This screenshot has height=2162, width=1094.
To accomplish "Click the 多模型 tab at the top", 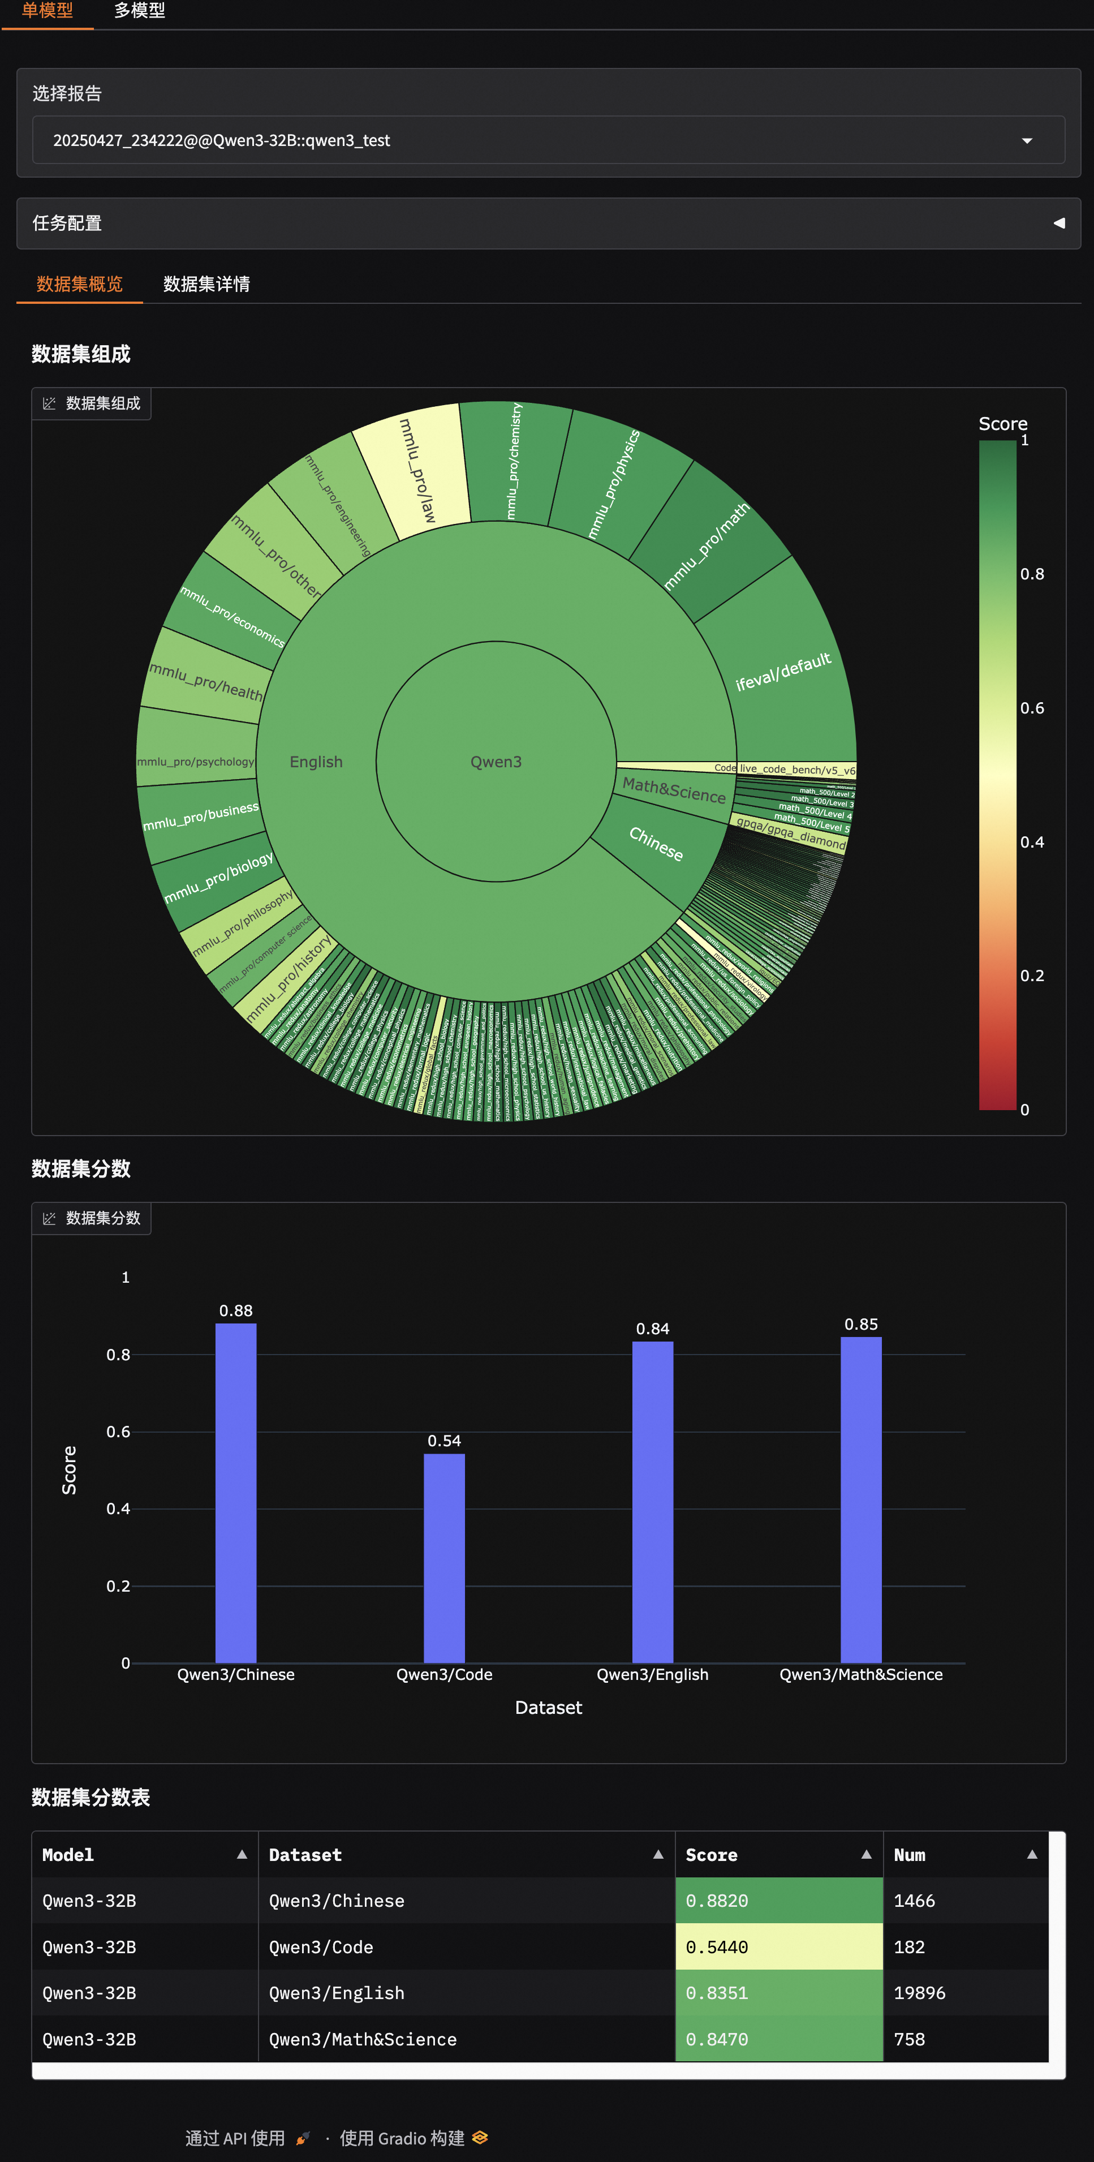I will pyautogui.click(x=139, y=11).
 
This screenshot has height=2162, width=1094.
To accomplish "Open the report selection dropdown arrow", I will pyautogui.click(x=1026, y=140).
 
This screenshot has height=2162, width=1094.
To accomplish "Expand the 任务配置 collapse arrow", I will pyautogui.click(x=1059, y=223).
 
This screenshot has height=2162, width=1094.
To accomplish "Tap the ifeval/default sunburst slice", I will pyautogui.click(x=783, y=672).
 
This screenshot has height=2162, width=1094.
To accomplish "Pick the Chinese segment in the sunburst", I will pyautogui.click(x=656, y=844).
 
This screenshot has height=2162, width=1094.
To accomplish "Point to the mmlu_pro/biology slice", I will pyautogui.click(x=218, y=877).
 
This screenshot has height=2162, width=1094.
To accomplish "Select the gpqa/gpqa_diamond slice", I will pyautogui.click(x=790, y=831).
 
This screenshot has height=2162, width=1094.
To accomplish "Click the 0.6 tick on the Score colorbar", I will pyautogui.click(x=1032, y=708).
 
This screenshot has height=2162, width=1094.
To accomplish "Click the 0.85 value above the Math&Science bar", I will pyautogui.click(x=861, y=1325).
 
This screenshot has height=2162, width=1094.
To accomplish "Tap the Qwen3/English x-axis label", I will pyautogui.click(x=652, y=1674).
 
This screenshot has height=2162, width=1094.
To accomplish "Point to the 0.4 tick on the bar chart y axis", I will pyautogui.click(x=118, y=1509).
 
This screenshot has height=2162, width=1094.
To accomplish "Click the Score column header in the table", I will pyautogui.click(x=712, y=1855).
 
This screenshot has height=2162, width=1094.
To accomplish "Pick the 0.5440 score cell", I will pyautogui.click(x=778, y=1947).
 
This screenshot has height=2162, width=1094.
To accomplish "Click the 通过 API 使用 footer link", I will pyautogui.click(x=235, y=2138).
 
